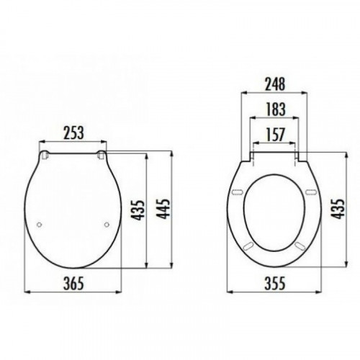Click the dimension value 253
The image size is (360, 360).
[73, 132]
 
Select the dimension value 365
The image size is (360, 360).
[73, 283]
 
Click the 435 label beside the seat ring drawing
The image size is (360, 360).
[338, 209]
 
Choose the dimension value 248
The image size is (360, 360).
[275, 84]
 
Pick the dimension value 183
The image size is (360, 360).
[276, 109]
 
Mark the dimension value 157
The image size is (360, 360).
[276, 135]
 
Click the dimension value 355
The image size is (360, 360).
[275, 283]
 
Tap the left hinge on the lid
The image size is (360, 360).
[45, 155]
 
